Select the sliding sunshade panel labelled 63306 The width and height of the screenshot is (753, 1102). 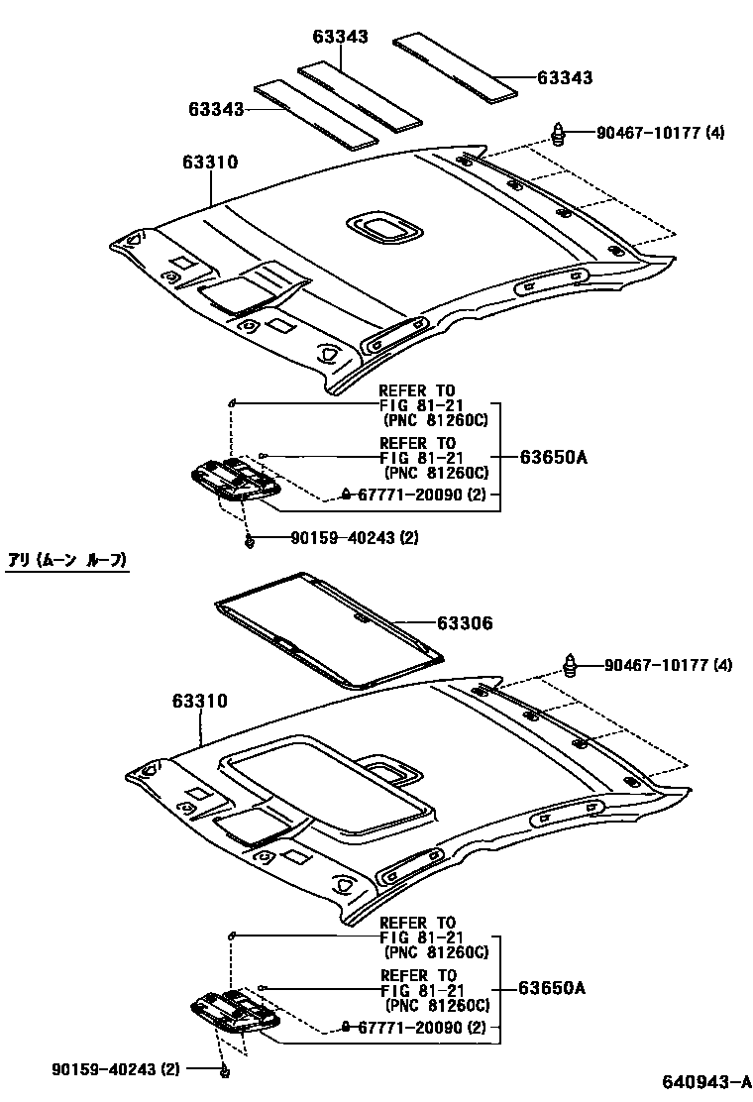click(x=327, y=630)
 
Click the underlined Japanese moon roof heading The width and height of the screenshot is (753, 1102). click(x=67, y=561)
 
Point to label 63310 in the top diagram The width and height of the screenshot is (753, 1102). click(x=209, y=162)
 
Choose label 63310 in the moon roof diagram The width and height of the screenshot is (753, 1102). click(x=199, y=702)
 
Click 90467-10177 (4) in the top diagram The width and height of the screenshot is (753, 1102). click(x=660, y=132)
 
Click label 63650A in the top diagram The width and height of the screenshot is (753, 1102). click(x=554, y=457)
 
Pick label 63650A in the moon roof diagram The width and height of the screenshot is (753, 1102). click(x=554, y=988)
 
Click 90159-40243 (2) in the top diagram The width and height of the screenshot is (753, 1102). click(x=355, y=538)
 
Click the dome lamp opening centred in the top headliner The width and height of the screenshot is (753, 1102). click(x=383, y=229)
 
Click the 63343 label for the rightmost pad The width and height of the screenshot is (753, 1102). click(x=565, y=77)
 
